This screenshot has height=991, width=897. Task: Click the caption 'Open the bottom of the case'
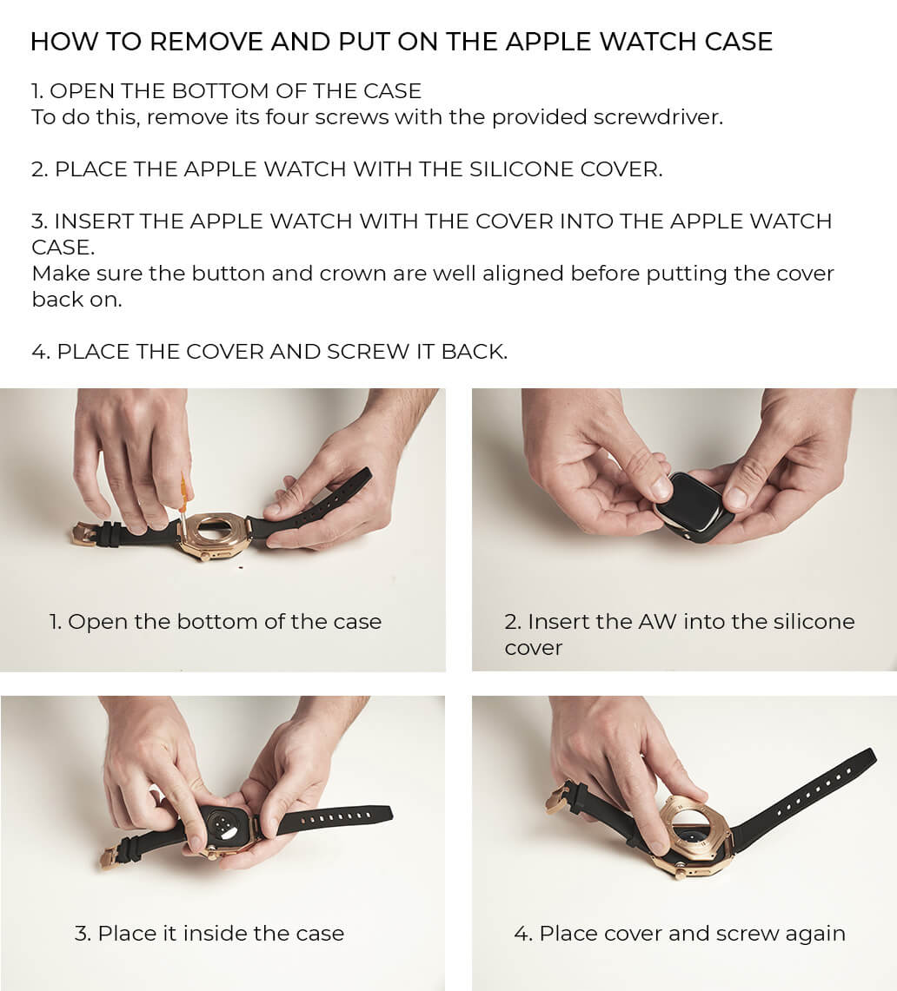(224, 622)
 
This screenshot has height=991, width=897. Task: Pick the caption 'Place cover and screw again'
(692, 934)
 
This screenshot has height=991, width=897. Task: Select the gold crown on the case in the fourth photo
(680, 875)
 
